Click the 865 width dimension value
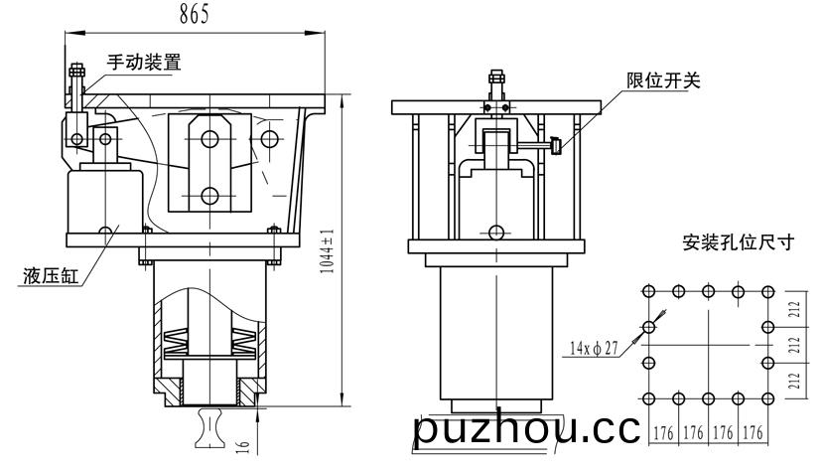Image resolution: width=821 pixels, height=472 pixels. [194, 14]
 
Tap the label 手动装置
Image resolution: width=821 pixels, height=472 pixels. [144, 62]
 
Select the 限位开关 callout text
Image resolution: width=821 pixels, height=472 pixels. [663, 80]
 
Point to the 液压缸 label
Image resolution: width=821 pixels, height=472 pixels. [51, 276]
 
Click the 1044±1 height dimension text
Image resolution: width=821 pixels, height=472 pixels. [327, 251]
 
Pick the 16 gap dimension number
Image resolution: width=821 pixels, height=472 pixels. [243, 446]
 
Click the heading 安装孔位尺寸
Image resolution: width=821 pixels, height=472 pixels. [739, 242]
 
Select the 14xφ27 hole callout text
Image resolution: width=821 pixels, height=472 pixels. [594, 348]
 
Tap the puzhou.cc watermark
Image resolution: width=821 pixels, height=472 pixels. [526, 429]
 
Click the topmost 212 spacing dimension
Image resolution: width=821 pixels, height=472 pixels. [795, 309]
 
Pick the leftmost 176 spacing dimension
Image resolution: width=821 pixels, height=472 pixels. [663, 432]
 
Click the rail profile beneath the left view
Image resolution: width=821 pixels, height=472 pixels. [209, 428]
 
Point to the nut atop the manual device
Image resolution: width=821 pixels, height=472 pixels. [77, 70]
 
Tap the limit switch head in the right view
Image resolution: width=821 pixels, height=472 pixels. [556, 145]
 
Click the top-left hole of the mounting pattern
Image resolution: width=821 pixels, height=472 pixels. [648, 291]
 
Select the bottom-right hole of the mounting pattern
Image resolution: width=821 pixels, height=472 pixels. [768, 398]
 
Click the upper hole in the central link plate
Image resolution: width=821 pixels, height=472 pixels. [209, 139]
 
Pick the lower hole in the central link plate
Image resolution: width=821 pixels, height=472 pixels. [209, 196]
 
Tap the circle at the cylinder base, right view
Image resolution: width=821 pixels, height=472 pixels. [495, 232]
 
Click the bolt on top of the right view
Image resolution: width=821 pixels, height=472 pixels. [496, 83]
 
